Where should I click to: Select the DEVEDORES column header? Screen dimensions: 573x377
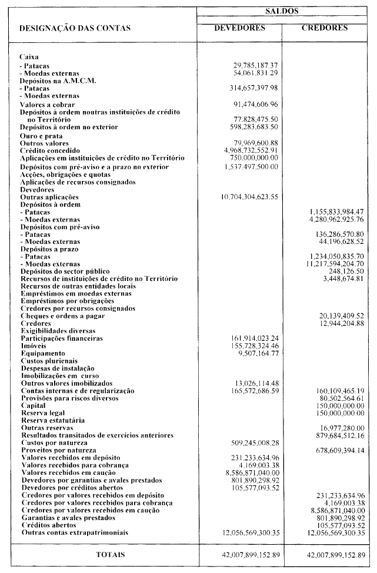[x=239, y=28]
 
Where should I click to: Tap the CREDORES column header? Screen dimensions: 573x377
[x=325, y=28]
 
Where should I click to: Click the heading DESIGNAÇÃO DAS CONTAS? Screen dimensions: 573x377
[x=75, y=28]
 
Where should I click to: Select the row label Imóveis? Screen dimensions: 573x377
[x=34, y=347]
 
